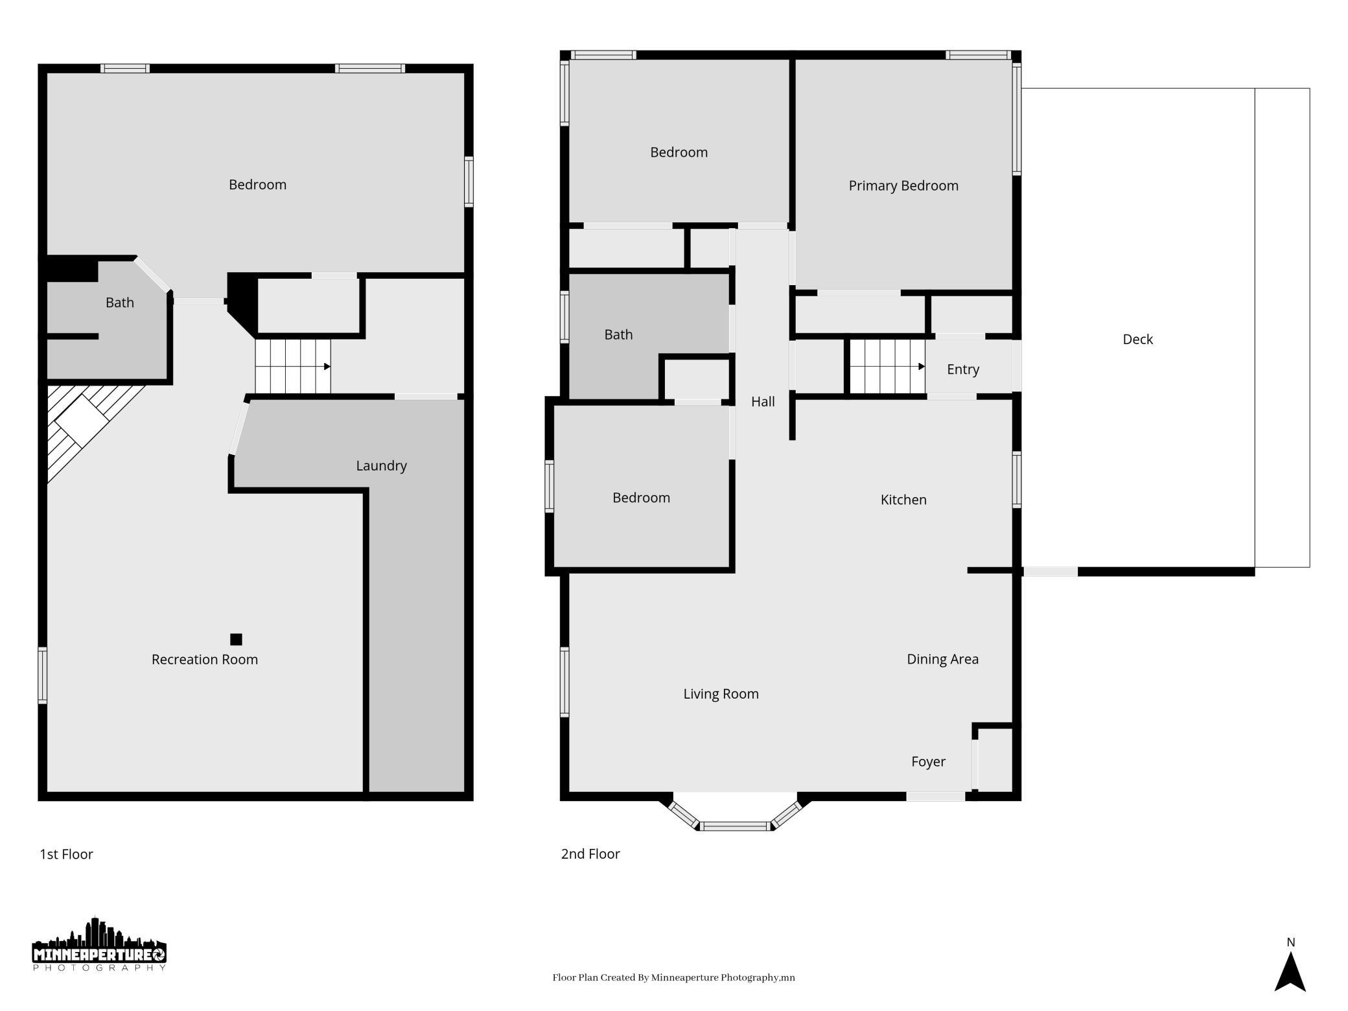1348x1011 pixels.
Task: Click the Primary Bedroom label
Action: coord(903,186)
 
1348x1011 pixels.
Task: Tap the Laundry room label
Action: coord(381,466)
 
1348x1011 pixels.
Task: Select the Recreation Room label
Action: coord(205,659)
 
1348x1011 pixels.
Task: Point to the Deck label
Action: coord(1137,339)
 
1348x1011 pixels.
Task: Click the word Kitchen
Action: coord(903,500)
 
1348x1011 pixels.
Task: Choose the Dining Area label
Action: coord(942,659)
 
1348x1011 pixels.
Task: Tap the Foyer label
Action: coord(928,762)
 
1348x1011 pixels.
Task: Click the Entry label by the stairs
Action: coord(962,369)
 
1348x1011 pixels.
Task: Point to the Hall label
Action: coord(763,402)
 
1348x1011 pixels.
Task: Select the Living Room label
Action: coord(721,694)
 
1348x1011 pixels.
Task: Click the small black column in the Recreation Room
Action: coord(236,640)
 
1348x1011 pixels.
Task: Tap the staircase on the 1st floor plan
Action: coord(293,366)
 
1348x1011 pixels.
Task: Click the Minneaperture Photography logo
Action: coord(99,944)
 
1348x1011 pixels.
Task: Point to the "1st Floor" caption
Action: coord(66,854)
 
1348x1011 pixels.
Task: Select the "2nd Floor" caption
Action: coord(590,854)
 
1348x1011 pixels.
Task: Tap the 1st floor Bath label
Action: coord(120,303)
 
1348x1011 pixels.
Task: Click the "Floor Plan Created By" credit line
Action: coord(673,978)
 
